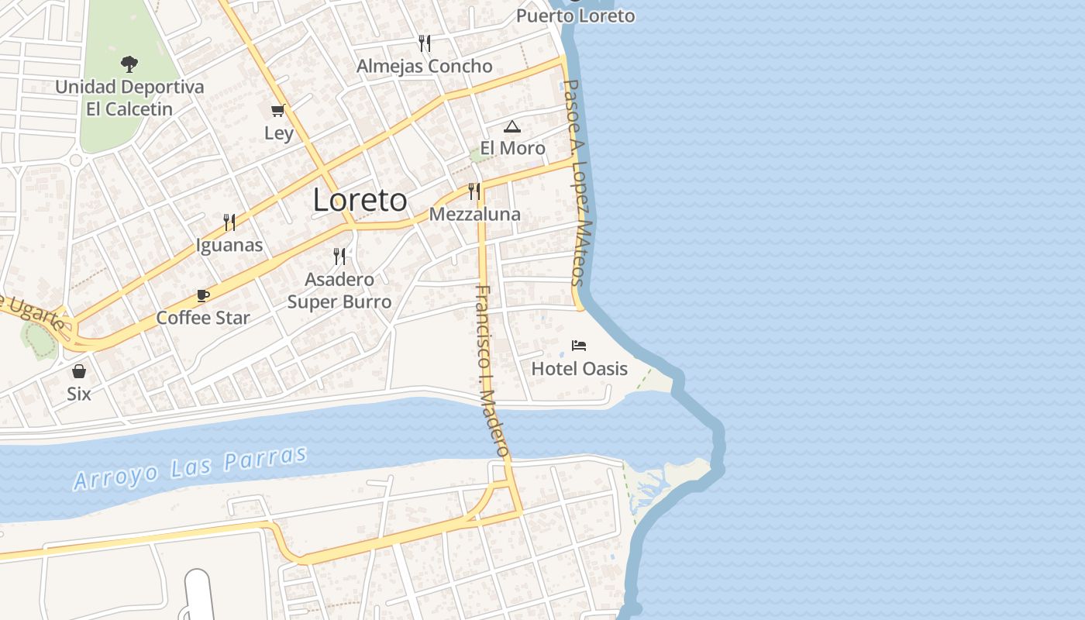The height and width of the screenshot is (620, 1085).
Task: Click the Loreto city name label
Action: click(360, 200)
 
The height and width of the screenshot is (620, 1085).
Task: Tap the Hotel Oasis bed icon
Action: click(579, 345)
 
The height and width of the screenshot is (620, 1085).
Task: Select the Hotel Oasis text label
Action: click(579, 368)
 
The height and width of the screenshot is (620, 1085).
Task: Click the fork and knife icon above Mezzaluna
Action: click(474, 191)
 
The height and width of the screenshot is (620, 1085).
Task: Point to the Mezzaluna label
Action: click(474, 214)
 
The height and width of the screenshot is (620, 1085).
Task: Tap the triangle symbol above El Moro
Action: click(511, 126)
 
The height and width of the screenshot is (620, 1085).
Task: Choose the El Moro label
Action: click(512, 148)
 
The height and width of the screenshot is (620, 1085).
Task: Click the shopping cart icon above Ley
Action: click(278, 111)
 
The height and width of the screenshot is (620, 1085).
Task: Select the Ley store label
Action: click(279, 133)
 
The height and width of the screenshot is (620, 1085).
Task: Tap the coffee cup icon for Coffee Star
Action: click(203, 295)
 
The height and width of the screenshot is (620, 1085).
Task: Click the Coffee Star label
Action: click(203, 318)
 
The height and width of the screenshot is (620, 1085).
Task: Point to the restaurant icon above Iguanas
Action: click(229, 222)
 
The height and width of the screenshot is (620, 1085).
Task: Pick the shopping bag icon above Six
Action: click(79, 371)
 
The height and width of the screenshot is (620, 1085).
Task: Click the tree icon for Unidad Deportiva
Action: click(129, 64)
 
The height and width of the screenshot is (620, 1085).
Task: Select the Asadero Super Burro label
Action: click(339, 291)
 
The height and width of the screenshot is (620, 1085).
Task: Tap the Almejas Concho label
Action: click(424, 67)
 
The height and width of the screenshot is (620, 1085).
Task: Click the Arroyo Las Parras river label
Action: click(191, 467)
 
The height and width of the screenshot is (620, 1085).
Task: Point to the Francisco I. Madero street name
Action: click(492, 370)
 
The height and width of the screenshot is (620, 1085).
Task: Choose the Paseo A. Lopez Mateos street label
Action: click(578, 182)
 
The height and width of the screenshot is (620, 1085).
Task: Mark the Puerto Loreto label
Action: click(575, 15)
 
